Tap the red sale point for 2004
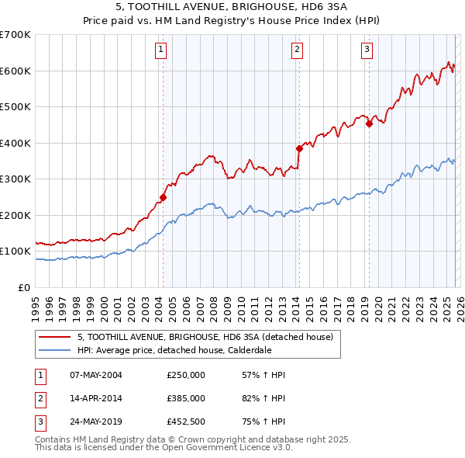(164, 197)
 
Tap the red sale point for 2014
(299, 148)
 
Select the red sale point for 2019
(369, 123)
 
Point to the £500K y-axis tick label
(15, 107)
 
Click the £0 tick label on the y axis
(24, 287)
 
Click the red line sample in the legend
(55, 337)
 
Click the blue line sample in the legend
(55, 350)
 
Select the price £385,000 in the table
(186, 398)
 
